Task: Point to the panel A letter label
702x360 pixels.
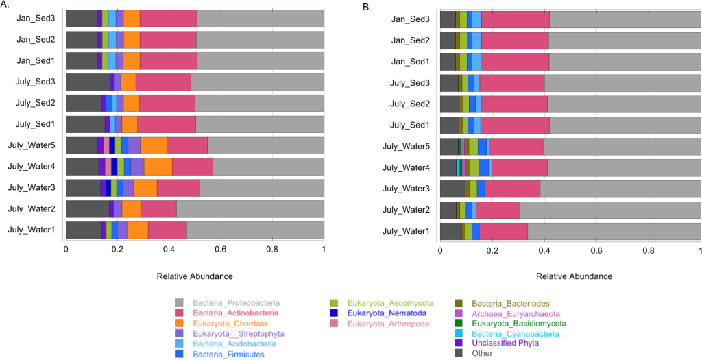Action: coord(5,6)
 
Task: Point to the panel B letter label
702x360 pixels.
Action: coord(367,6)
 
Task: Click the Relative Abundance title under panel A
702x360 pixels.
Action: coord(194,276)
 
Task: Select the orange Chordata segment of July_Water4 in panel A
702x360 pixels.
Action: coord(158,166)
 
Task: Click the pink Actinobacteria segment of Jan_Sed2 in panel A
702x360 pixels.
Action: coord(168,40)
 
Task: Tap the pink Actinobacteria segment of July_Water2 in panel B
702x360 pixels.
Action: coord(498,211)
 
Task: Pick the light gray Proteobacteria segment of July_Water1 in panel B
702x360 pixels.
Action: coord(614,232)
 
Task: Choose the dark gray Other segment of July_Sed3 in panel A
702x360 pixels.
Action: coord(87,82)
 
